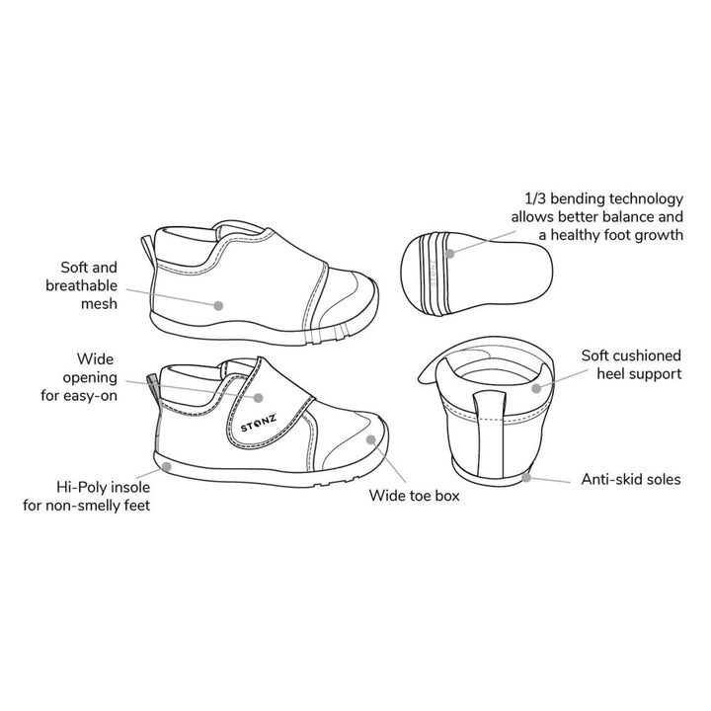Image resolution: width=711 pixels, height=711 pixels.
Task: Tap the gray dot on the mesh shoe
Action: pyautogui.click(x=219, y=305)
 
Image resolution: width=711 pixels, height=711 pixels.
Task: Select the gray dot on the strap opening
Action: pyautogui.click(x=259, y=397)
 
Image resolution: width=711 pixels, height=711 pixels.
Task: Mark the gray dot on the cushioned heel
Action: pyautogui.click(x=537, y=388)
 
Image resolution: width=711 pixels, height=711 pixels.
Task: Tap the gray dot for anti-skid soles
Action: pyautogui.click(x=527, y=476)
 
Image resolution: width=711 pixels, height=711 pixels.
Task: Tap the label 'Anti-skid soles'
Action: pyautogui.click(x=629, y=481)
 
